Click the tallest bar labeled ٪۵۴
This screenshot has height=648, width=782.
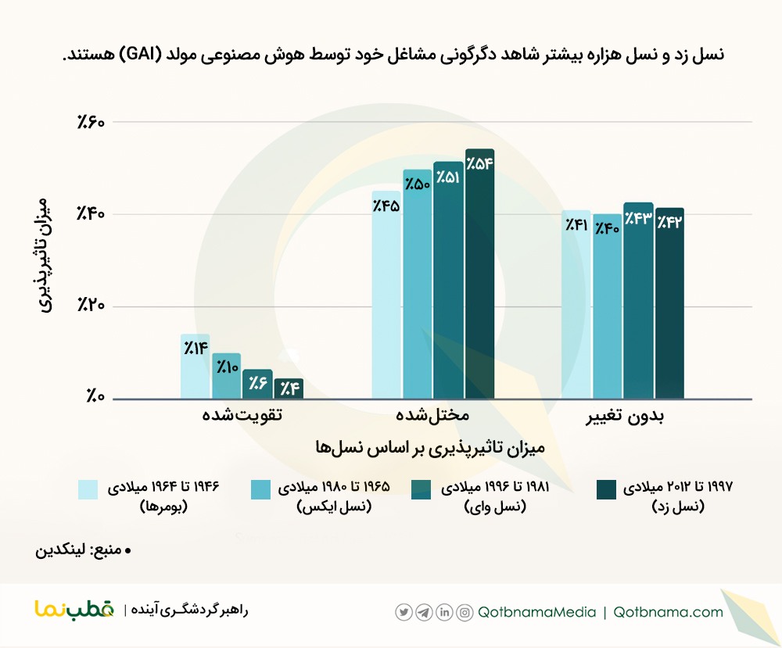479,274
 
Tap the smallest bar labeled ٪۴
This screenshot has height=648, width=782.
288,388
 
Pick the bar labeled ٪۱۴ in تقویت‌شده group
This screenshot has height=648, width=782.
195,367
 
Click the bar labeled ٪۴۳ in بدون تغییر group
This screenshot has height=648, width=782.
638,301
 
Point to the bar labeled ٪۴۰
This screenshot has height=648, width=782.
607,306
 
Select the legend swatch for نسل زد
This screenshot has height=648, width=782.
606,489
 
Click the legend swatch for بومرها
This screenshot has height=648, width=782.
88,489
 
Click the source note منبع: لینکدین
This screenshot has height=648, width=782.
84,550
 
